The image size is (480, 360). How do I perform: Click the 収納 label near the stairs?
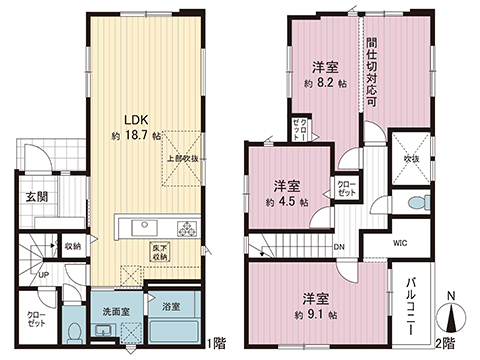(x=73, y=246)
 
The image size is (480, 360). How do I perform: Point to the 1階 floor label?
(x=217, y=345)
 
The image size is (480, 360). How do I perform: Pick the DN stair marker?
(x=339, y=247)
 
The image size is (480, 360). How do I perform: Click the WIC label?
(x=398, y=243)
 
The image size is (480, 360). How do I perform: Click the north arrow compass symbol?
(x=455, y=316)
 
